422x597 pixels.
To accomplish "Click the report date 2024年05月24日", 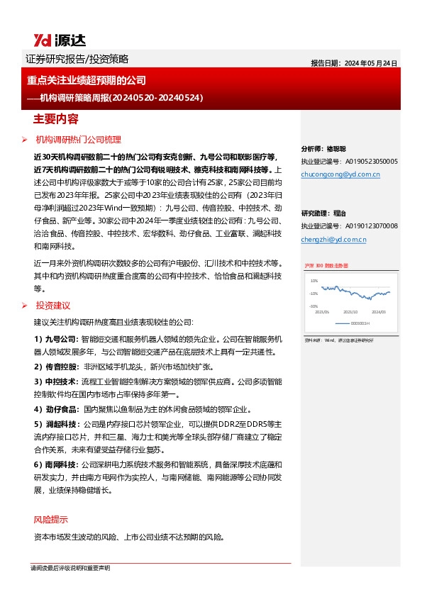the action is (354, 62).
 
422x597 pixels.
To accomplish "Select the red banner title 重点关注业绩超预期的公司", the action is (87, 81).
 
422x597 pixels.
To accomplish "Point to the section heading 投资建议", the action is (52, 305).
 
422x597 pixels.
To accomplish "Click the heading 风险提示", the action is (51, 519).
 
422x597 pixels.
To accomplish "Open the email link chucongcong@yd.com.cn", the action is (340, 173).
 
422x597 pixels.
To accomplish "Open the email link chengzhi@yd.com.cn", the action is (333, 240).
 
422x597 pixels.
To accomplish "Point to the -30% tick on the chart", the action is (312, 306).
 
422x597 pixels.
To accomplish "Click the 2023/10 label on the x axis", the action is (350, 311).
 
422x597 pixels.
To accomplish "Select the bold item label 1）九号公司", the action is (57, 339).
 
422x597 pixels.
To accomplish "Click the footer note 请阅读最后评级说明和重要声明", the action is (70, 569).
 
